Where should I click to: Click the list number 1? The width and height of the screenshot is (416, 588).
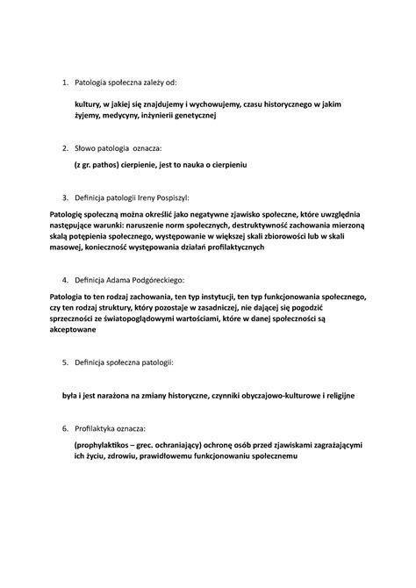(x=63, y=82)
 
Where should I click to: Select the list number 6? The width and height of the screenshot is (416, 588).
(x=63, y=428)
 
